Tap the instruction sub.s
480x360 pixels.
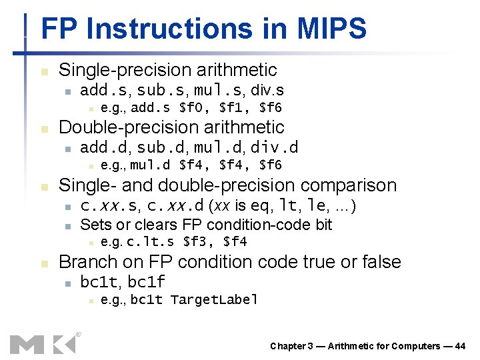155,90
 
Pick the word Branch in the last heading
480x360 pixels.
85,262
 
